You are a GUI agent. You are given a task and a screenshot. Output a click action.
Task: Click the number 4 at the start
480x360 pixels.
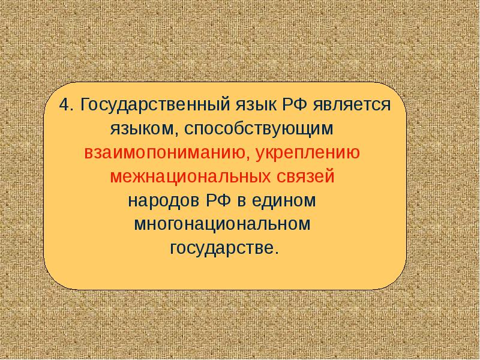[x=64, y=105]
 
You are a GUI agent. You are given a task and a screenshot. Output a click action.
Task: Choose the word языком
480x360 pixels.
[x=142, y=130]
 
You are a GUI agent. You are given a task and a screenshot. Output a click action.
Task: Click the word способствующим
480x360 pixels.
[x=259, y=130]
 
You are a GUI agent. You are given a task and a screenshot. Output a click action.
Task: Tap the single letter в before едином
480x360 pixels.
[x=241, y=202]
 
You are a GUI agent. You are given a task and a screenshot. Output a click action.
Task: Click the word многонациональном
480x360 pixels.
[x=222, y=225]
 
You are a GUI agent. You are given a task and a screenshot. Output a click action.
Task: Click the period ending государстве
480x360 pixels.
[x=277, y=253]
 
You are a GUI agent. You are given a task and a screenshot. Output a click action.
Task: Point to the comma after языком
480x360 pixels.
[x=177, y=134]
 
